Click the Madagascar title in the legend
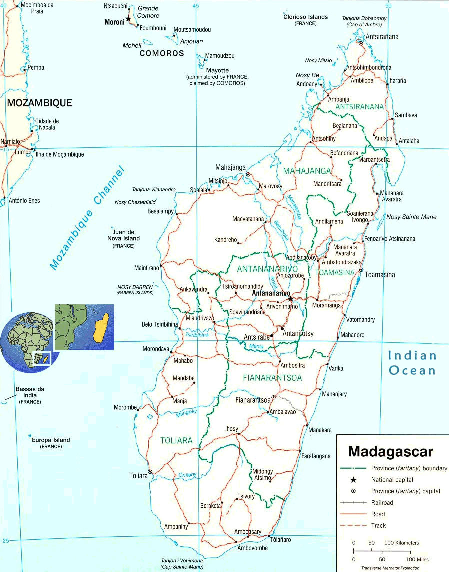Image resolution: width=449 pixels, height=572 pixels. pos(390,452)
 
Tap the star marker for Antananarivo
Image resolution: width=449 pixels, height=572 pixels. pos(290,299)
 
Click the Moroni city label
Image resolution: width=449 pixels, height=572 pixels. pos(114,22)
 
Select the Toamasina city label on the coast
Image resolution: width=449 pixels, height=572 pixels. pos(380,275)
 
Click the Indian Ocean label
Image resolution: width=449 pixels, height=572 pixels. pos(412,363)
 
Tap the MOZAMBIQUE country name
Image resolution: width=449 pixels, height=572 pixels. pos(39,103)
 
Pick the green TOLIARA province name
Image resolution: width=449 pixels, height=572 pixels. pos(176,440)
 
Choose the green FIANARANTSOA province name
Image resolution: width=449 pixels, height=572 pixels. pos(272,378)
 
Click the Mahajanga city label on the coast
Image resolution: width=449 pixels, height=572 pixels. pos(231,167)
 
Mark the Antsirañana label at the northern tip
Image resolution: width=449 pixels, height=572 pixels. pos(382,37)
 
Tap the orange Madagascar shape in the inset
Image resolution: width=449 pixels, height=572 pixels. pos(101,327)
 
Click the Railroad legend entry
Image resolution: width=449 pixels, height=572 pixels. pos(382,502)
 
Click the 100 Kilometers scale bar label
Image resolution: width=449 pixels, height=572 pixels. pos(402,543)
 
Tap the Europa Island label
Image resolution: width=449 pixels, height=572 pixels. pos(51,440)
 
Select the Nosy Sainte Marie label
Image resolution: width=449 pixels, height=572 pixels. pos(411,217)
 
